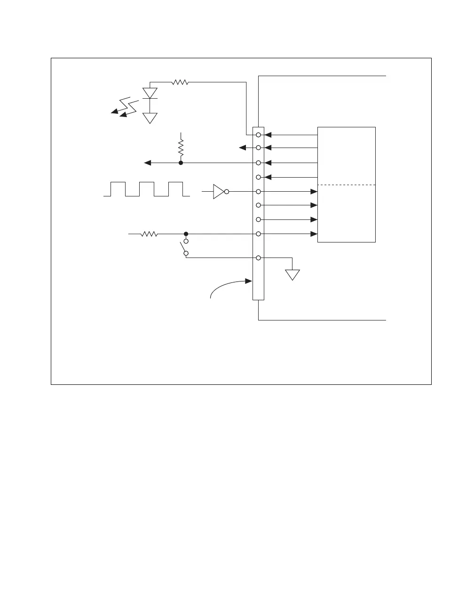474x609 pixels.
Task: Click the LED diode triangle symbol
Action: pos(150,93)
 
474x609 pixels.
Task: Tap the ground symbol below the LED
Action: pos(150,117)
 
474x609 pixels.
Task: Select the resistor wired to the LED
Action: pos(180,82)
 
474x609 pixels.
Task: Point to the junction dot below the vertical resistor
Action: pos(181,163)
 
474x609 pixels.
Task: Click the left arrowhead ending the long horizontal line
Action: pos(147,163)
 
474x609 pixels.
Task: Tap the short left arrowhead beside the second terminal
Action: pos(243,148)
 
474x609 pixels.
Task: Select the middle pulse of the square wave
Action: pos(146,188)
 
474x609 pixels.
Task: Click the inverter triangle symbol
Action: pos(218,192)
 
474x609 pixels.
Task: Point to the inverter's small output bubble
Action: pos(227,192)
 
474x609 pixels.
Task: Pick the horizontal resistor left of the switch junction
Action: pos(149,234)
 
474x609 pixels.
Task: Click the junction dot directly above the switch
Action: pos(186,234)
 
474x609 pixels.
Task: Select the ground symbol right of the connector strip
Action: pos(292,274)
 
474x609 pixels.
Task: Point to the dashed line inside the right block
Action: pos(347,185)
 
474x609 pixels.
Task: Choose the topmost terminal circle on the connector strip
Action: pos(258,135)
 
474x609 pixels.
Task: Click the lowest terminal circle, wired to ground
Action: pos(258,258)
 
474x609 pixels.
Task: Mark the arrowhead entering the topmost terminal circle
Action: pos(268,135)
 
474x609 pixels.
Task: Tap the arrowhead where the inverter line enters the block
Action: pos(314,192)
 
